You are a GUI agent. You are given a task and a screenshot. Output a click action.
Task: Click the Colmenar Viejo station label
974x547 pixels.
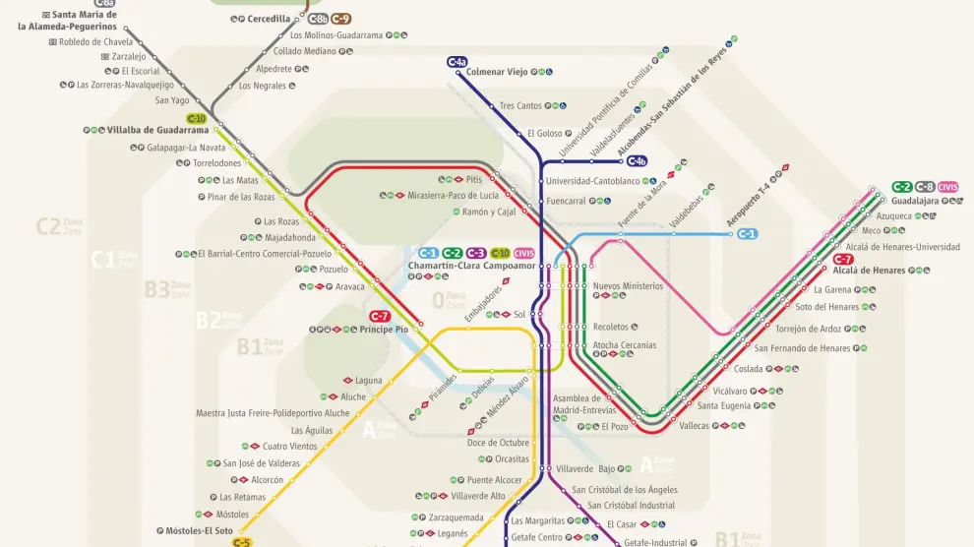(x=497, y=72)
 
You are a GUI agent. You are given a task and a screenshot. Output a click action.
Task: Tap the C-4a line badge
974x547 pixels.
(x=457, y=62)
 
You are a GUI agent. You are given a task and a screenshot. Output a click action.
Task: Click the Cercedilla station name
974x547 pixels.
(x=269, y=19)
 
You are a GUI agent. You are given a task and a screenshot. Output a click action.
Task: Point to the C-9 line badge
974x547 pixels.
(x=340, y=19)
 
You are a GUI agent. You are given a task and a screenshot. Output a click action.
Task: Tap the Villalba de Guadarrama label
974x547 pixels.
(x=158, y=130)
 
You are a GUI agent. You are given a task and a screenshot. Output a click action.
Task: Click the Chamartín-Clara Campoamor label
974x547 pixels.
(x=471, y=267)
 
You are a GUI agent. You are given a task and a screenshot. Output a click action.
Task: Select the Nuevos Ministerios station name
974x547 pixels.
(x=628, y=286)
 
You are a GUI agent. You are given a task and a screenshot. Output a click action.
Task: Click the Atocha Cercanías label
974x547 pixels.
(x=624, y=345)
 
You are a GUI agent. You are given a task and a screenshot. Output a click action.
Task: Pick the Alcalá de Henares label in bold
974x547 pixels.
(x=869, y=271)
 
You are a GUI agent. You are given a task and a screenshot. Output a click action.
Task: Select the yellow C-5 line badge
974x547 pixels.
(x=241, y=542)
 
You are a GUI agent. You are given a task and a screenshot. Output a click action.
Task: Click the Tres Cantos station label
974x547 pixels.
(x=520, y=106)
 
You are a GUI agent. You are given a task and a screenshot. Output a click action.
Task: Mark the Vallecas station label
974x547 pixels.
(x=694, y=426)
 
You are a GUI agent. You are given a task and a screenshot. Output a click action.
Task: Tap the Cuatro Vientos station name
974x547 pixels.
(x=290, y=447)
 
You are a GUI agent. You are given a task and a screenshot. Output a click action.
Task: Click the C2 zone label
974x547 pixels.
(x=48, y=227)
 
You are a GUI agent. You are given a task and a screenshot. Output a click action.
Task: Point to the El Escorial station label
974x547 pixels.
(x=141, y=71)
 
